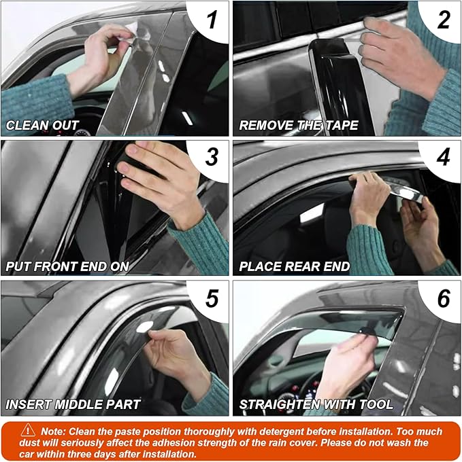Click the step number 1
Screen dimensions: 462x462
pos(212,20)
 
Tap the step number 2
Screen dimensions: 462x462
pos(443,20)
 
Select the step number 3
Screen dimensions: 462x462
pos(212,158)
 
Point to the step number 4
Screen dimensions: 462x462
pos(443,158)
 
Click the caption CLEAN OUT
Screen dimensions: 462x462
pos(42,126)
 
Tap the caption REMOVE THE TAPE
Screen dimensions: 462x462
pos(298,126)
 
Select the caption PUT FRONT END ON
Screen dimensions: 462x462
pos(67,266)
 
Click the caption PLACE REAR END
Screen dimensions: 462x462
pos(294,266)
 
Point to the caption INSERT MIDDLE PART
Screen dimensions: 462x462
pos(73,405)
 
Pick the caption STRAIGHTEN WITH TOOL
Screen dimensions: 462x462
pos(316,405)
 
